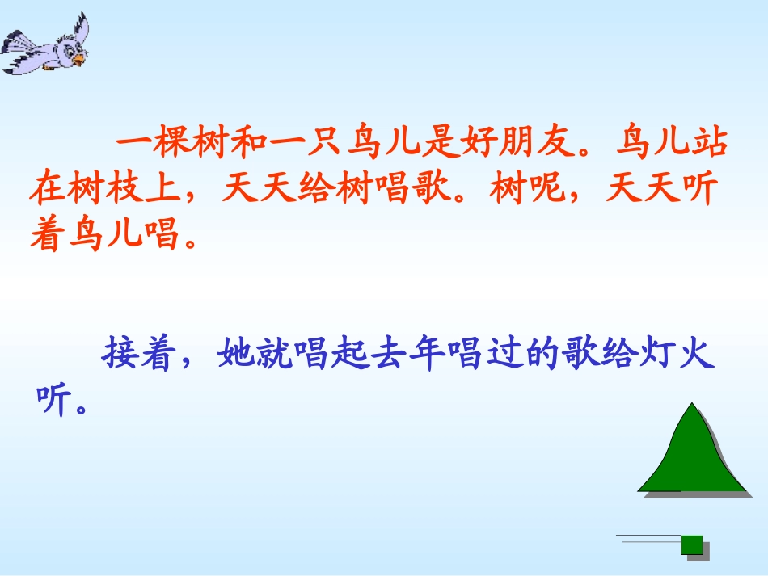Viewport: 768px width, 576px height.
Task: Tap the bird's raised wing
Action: point(78,30)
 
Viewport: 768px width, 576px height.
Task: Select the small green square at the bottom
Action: point(692,544)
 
